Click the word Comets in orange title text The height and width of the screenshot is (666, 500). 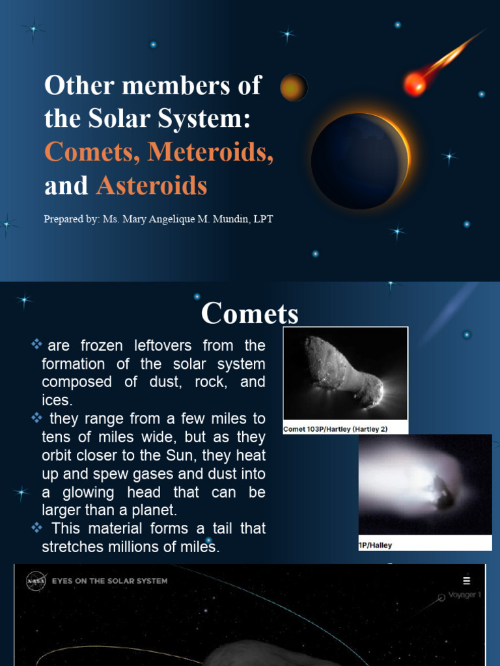(x=92, y=152)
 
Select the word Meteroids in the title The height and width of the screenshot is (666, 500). (x=210, y=152)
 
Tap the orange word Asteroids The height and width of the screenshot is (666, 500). (x=152, y=186)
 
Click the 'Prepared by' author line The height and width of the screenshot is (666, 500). (x=158, y=219)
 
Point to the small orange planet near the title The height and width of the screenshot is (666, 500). (x=294, y=87)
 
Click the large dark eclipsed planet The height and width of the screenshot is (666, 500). (x=358, y=161)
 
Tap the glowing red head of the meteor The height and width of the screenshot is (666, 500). (x=414, y=83)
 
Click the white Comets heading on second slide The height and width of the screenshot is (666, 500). (x=249, y=313)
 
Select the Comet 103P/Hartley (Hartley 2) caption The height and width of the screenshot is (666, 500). (x=335, y=429)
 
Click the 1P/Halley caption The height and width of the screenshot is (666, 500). (x=376, y=545)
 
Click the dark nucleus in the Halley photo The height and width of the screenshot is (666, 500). (x=445, y=496)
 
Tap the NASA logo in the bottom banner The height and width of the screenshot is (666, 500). (x=36, y=581)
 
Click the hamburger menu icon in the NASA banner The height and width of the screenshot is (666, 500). (x=466, y=581)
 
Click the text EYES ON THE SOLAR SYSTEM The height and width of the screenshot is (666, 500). (x=109, y=581)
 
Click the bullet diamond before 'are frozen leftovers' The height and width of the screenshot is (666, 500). (x=36, y=343)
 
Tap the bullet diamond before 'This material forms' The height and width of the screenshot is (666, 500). (x=36, y=527)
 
